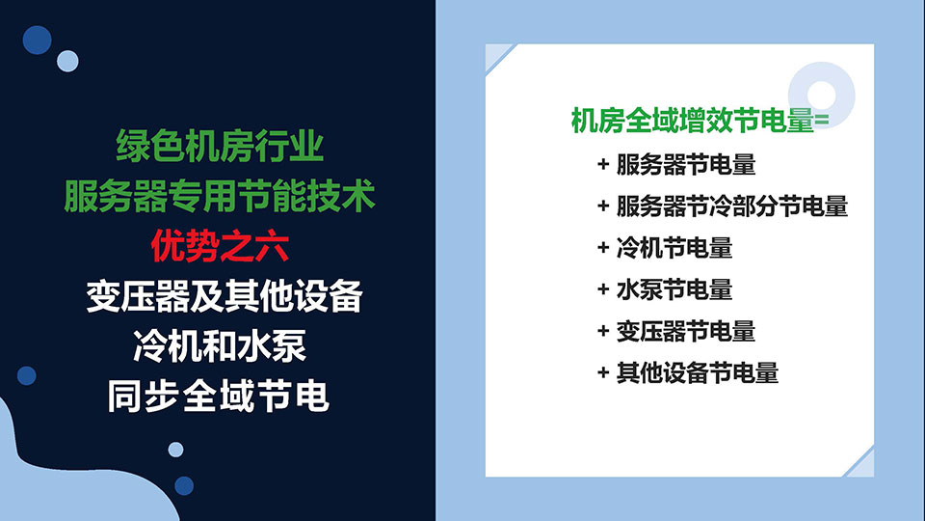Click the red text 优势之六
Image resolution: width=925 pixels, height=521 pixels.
tap(220, 246)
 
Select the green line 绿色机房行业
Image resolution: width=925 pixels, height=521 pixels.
tap(220, 146)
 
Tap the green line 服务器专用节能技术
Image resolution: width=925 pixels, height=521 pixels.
tap(220, 196)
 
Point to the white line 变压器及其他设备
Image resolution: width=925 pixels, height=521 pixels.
tap(225, 296)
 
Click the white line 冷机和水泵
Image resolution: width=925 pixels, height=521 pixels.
tap(220, 345)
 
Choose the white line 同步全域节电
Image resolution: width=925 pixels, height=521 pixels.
tap(219, 396)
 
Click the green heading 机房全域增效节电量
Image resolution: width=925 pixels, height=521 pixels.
tap(693, 121)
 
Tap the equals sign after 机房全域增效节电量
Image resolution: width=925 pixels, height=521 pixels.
tap(822, 121)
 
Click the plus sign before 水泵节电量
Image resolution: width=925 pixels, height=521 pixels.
tap(603, 289)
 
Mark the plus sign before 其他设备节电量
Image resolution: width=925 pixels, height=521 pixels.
tap(603, 372)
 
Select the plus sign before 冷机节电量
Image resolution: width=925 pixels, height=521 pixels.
tap(603, 248)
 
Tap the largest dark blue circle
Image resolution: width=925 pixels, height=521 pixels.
tap(38, 41)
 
